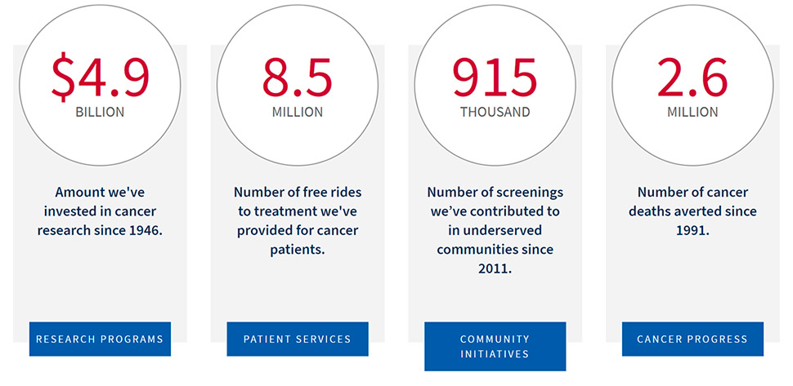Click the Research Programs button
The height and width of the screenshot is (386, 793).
[x=100, y=339]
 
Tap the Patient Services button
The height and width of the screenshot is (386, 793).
[x=298, y=339]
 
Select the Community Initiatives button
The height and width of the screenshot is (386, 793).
[x=495, y=346]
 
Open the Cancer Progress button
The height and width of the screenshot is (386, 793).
[x=692, y=339]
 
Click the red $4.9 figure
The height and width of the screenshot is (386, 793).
[x=100, y=77]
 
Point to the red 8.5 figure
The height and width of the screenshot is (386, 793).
[x=298, y=77]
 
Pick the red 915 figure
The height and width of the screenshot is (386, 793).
[x=495, y=77]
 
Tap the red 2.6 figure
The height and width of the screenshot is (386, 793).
[x=692, y=77]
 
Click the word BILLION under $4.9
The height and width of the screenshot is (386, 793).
[x=100, y=113]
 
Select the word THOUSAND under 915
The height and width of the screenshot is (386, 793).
[x=495, y=113]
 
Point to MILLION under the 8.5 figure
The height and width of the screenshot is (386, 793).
[x=298, y=113]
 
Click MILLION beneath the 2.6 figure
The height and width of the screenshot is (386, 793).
[x=692, y=113]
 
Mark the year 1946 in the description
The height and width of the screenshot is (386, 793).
[x=146, y=230]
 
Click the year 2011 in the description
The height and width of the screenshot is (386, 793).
[x=495, y=268]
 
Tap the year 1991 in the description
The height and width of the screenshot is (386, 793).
[x=692, y=230]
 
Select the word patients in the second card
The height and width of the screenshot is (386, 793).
[x=298, y=249]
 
